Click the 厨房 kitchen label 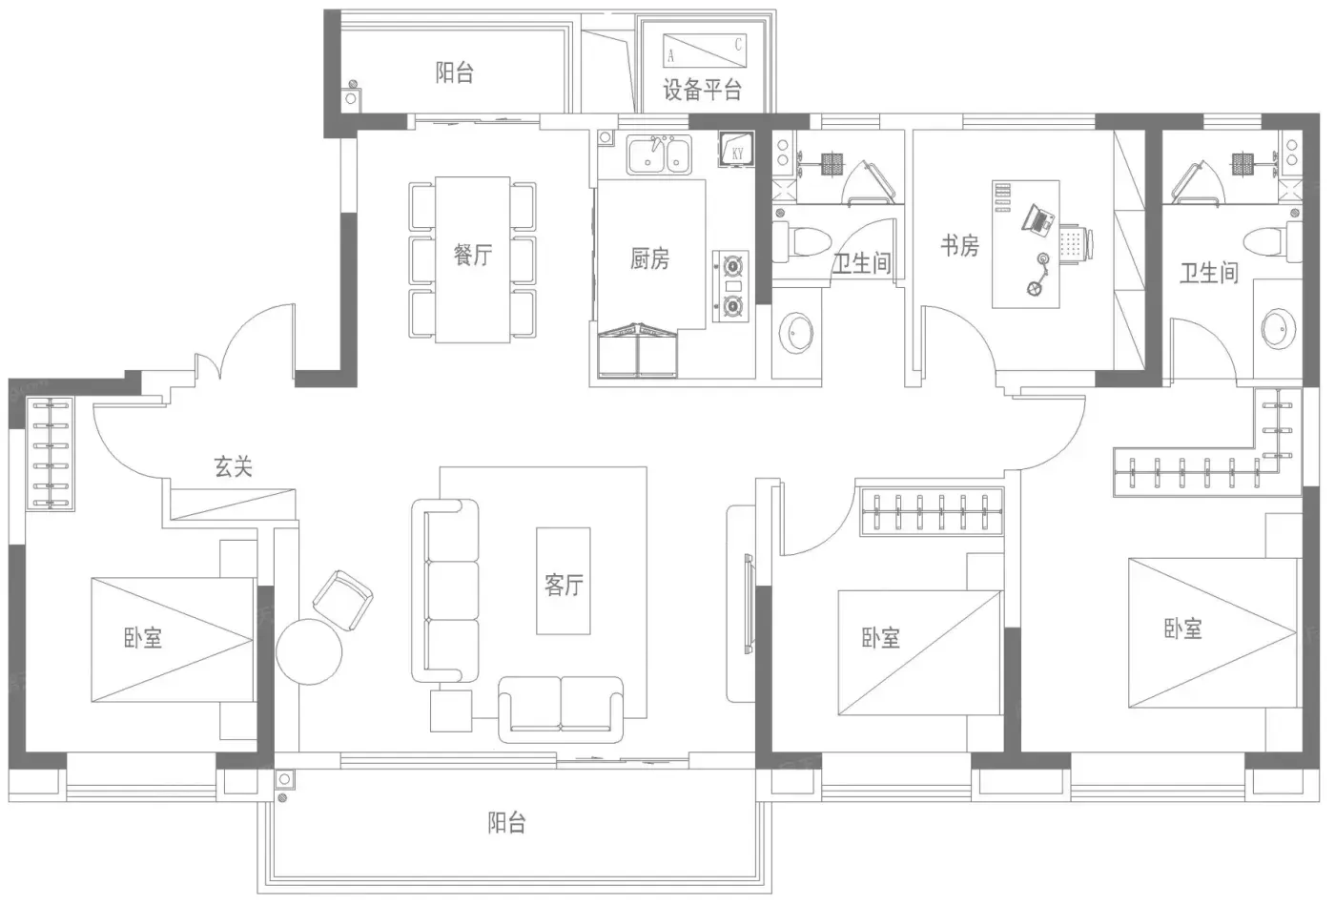pos(649,258)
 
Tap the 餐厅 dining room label pos(473,256)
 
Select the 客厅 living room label pos(564,586)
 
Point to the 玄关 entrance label pos(233,466)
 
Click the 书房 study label pos(959,246)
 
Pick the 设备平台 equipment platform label pos(702,90)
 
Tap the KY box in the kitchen pos(736,149)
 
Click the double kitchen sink pos(659,154)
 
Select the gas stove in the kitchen pos(731,286)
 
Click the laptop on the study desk pos(1038,219)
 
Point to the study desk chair pos(1077,243)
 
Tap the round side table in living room pos(309,651)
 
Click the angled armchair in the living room pos(342,600)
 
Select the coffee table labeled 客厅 pos(564,581)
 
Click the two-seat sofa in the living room pos(561,710)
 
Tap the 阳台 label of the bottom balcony pos(506,823)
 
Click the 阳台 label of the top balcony pos(454,72)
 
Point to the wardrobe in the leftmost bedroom pos(51,454)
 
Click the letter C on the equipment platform pos(738,44)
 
